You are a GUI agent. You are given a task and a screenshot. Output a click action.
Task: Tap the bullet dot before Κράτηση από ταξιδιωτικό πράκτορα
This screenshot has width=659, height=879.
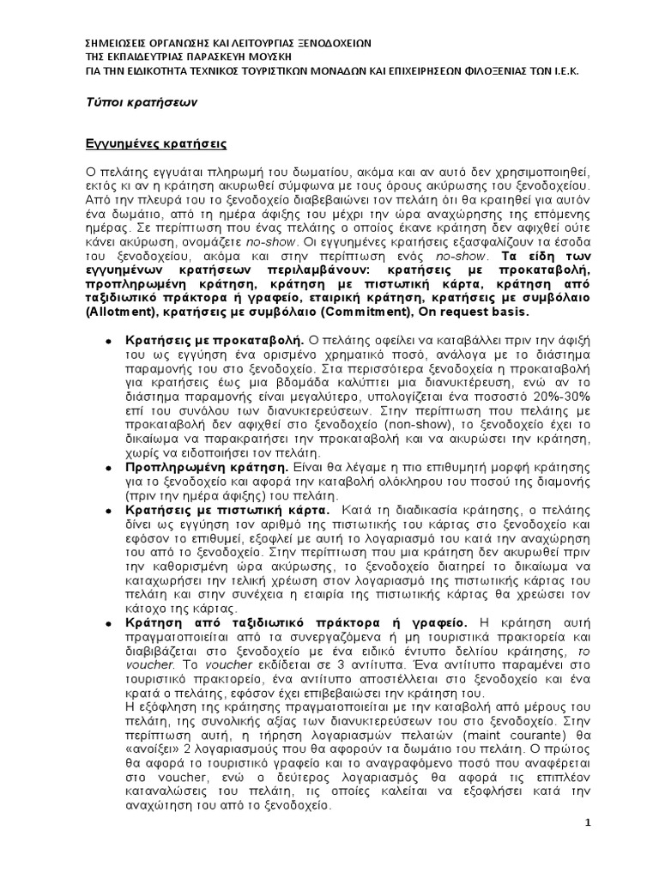108,622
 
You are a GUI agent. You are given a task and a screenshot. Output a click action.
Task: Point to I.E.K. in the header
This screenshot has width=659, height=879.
562,71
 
